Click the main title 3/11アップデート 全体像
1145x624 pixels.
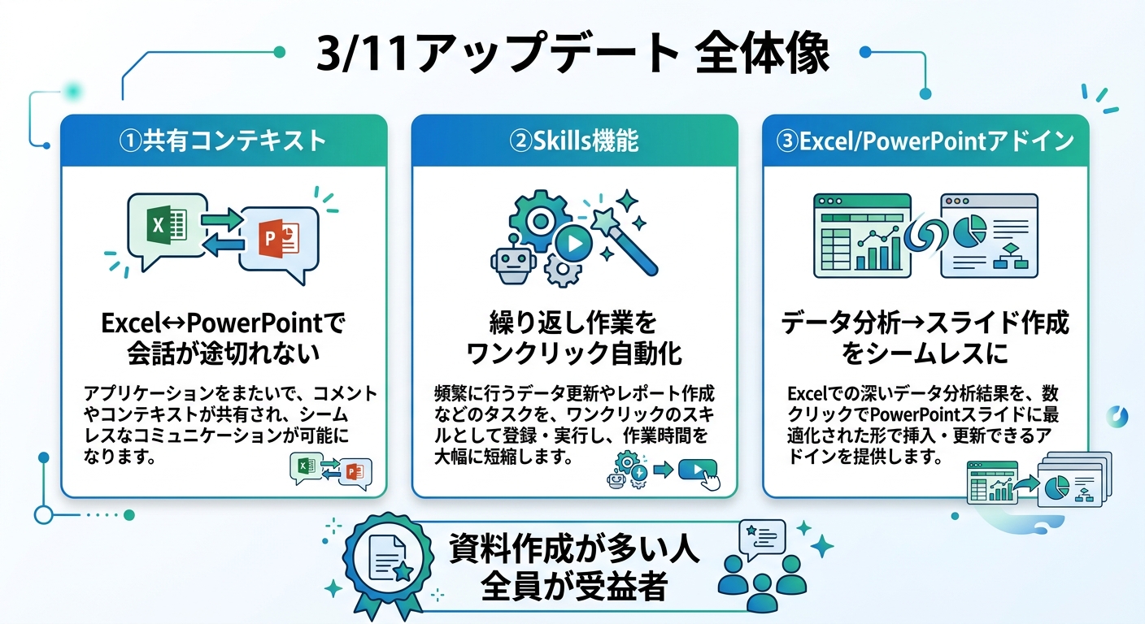[x=572, y=55]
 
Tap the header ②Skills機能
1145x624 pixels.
[x=574, y=141]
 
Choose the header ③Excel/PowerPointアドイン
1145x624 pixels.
[x=925, y=141]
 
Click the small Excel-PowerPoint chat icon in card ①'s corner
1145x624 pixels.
[x=330, y=472]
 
